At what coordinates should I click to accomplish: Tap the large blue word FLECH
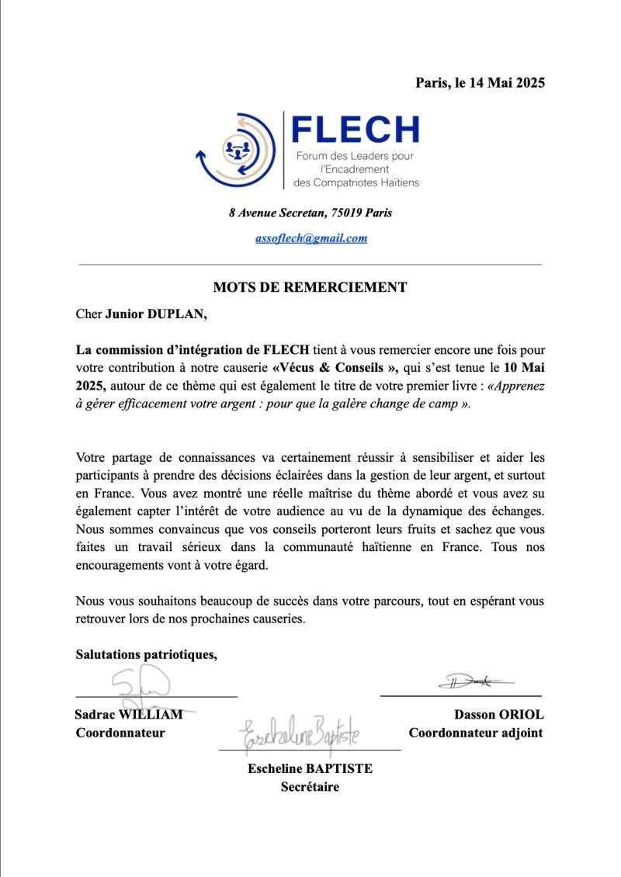[356, 130]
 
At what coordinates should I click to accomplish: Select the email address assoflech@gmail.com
[311, 238]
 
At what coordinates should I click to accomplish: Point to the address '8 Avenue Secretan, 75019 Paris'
[310, 213]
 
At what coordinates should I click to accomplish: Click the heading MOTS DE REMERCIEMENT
[310, 287]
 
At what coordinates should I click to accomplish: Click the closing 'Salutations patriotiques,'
[146, 654]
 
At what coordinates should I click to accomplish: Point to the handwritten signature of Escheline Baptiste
[299, 734]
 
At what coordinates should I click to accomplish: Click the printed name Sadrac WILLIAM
[129, 714]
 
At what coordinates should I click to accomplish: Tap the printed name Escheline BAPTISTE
[310, 768]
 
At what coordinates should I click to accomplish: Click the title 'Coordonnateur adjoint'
[476, 733]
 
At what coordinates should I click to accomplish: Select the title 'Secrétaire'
[310, 787]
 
